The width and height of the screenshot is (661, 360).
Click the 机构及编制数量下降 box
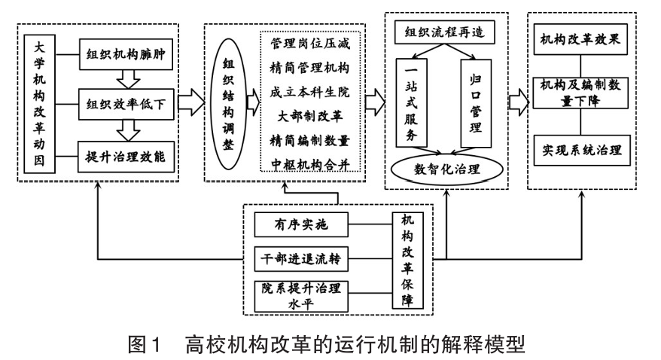[x=580, y=93]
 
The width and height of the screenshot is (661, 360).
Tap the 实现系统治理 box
[x=580, y=148]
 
